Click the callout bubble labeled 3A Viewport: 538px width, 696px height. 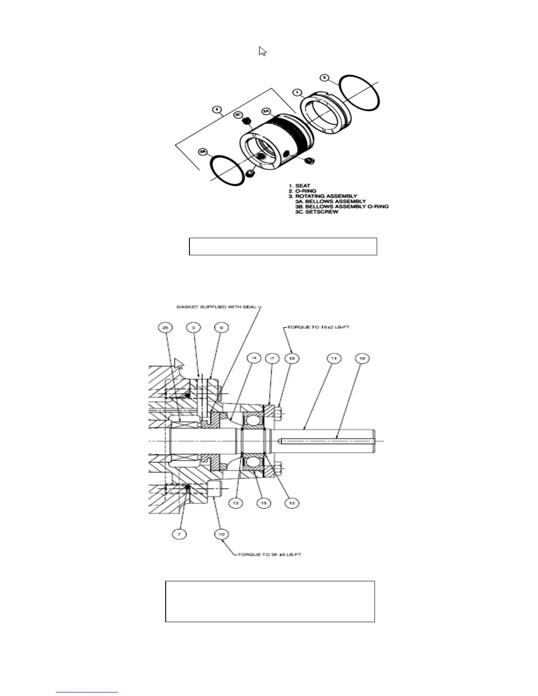(266, 112)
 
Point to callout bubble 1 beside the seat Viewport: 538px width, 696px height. (298, 92)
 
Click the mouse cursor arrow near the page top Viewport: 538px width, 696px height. (262, 51)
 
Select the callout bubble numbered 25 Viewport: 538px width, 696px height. (165, 327)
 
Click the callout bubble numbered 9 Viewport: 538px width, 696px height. (222, 327)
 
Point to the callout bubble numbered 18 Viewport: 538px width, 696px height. (292, 359)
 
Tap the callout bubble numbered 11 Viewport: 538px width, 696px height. (334, 359)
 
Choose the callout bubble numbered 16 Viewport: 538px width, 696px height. (362, 359)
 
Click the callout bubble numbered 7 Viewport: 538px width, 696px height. (179, 534)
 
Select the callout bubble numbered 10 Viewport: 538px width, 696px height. (222, 534)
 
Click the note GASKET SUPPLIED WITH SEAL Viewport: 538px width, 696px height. (216, 307)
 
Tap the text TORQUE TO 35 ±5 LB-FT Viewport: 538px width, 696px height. (269, 555)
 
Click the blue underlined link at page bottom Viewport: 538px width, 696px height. (87, 692)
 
